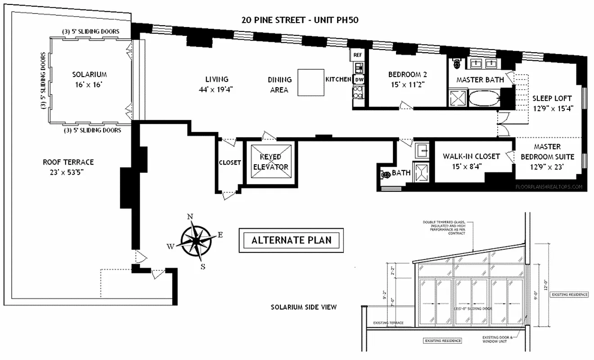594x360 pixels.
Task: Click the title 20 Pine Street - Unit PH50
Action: [x=299, y=20]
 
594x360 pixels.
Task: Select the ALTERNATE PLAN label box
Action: [x=291, y=240]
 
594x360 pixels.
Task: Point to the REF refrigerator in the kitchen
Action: [x=358, y=54]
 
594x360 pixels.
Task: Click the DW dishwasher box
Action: [x=359, y=80]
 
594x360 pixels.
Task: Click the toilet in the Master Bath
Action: [x=458, y=63]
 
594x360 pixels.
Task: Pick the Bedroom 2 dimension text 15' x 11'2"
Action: [x=407, y=84]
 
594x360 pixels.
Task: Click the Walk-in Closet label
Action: [x=471, y=157]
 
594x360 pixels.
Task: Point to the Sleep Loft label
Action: [x=552, y=99]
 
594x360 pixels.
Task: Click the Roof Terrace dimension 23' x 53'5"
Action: [x=68, y=172]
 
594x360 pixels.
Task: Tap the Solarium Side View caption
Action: [x=303, y=307]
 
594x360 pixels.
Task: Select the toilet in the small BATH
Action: [x=385, y=175]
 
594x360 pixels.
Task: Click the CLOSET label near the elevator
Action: [x=230, y=162]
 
